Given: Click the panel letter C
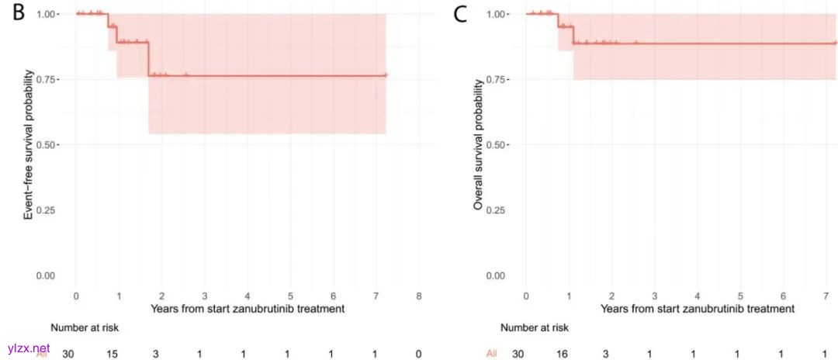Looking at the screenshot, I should click(x=460, y=15).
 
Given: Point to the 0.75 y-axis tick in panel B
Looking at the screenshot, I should click(x=45, y=79).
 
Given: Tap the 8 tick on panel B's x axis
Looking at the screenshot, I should click(x=419, y=296).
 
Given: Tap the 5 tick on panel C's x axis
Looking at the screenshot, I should click(x=740, y=296).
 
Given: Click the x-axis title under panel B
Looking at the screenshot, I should click(x=248, y=309).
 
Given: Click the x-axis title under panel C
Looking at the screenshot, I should click(x=697, y=309).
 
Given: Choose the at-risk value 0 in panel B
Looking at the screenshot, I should click(x=419, y=353).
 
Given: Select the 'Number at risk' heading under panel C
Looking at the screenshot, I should click(x=535, y=327).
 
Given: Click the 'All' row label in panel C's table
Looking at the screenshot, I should click(x=491, y=354).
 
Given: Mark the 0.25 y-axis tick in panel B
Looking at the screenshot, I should click(x=45, y=210).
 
